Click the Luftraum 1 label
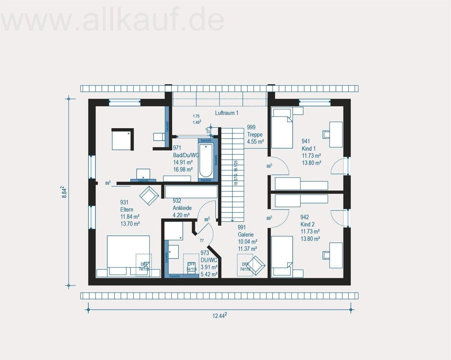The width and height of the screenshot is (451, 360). coord(226,113)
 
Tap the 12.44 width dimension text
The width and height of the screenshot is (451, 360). coord(219,316)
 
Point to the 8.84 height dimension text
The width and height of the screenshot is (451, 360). coord(64,192)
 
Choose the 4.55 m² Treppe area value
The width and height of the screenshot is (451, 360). coord(255,142)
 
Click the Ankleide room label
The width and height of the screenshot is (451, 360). coord(182,208)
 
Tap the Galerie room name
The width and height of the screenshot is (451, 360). coord(246,235)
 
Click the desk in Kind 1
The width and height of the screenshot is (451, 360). coord(336,134)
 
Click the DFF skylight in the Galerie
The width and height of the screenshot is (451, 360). coord(245,265)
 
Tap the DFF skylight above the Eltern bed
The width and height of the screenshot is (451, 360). coord(143,265)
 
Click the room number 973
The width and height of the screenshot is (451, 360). coord(205,253)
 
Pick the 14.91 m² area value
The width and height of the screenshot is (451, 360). coord(183,162)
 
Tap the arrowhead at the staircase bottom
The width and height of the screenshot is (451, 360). coord(232,221)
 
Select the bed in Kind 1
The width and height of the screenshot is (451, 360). coord(282,128)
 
